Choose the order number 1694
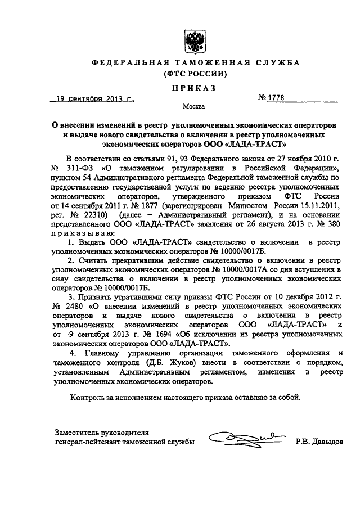pyautogui.click(x=125, y=333)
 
